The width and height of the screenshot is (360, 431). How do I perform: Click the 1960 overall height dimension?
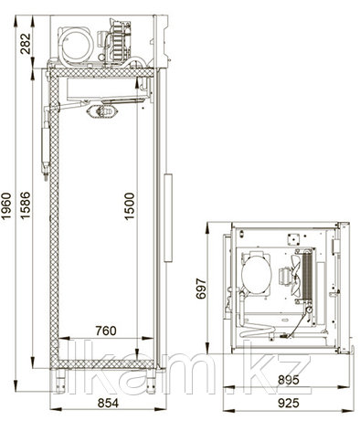pos(6,205)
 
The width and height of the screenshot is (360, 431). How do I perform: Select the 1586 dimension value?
pos(26,205)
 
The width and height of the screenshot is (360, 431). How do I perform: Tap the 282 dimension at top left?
pos(26,44)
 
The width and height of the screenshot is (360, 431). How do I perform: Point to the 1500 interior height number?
pos(129,206)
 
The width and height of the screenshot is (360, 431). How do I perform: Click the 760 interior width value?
pos(106,331)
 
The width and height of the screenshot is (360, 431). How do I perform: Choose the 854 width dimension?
pos(108,403)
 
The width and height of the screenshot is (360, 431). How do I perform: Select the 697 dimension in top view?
pos(201,289)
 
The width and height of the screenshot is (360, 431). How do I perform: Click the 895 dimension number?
pos(289,380)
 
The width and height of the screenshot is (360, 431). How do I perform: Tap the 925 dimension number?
pos(289,403)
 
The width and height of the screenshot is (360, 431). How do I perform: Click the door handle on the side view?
pos(168,217)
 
